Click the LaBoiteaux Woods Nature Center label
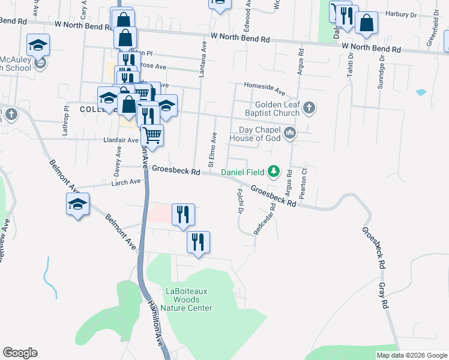(x=189, y=299)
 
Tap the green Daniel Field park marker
(x=274, y=172)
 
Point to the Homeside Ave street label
(x=264, y=89)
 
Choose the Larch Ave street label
(x=125, y=181)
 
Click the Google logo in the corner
(x=20, y=353)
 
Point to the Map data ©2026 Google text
(x=412, y=355)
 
